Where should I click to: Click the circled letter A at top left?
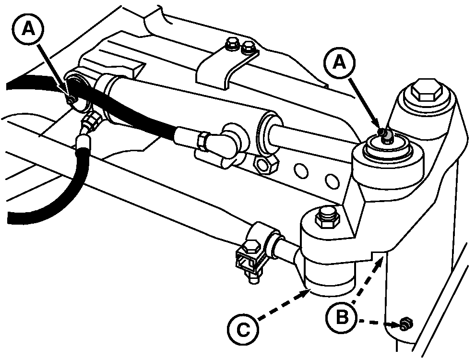coord(28,29)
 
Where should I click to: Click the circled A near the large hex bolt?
coord(340,63)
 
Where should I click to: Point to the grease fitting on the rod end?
coord(385,135)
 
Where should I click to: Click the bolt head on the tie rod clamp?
coord(251,247)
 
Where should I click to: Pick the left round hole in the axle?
coord(301,171)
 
